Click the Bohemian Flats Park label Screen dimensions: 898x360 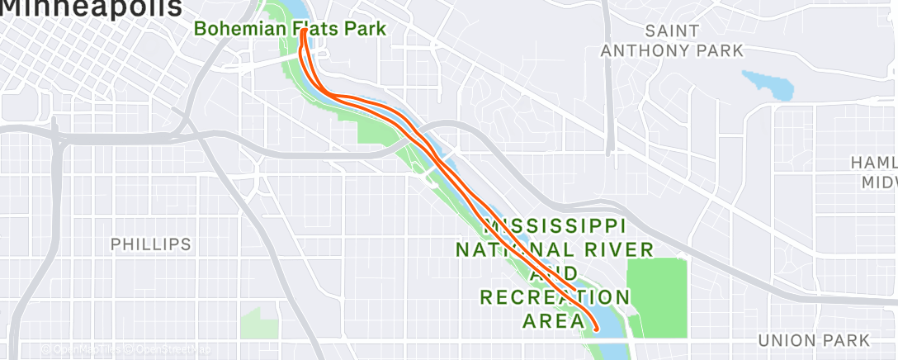pos(290,29)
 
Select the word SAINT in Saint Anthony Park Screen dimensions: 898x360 pos(672,31)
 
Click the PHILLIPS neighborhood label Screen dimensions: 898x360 pos(151,244)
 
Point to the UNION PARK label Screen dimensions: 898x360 pos(813,340)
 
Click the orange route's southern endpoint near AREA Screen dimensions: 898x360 pos(596,329)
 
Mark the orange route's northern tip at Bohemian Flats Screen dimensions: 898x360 pos(305,31)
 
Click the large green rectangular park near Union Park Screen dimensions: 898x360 pos(657,297)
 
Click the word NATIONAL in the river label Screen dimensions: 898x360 pos(509,249)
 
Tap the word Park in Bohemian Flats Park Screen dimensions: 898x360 pos(365,29)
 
